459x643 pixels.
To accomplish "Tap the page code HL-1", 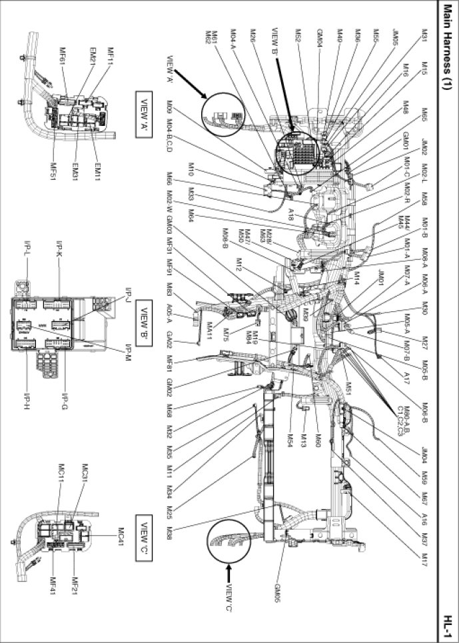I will point(447,625).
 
